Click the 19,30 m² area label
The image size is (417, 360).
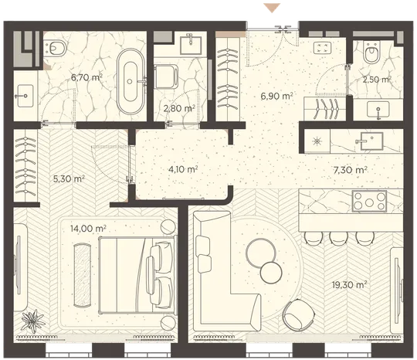(350, 285)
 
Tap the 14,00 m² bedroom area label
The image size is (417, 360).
(88, 229)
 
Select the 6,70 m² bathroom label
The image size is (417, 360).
(86, 78)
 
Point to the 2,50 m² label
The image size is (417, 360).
(377, 80)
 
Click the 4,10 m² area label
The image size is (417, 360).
(183, 169)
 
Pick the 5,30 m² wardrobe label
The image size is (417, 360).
(69, 178)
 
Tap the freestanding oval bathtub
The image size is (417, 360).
(131, 81)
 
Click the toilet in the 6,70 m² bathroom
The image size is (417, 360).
(55, 49)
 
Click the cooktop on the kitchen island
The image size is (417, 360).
(369, 202)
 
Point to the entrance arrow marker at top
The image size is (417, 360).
(272, 8)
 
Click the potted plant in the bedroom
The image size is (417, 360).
(32, 321)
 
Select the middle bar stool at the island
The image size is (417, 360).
(338, 238)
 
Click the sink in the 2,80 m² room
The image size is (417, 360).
(191, 46)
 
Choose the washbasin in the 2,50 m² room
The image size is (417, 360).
(378, 110)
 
